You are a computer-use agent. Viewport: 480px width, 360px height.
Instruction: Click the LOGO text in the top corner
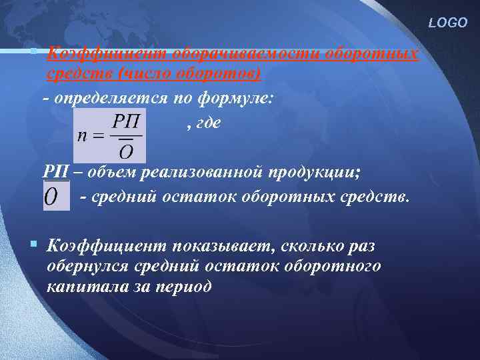[448, 23]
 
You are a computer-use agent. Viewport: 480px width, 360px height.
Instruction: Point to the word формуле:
[235, 97]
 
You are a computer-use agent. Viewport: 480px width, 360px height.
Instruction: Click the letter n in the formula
[83, 134]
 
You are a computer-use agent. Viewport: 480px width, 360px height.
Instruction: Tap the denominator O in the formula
[125, 151]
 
